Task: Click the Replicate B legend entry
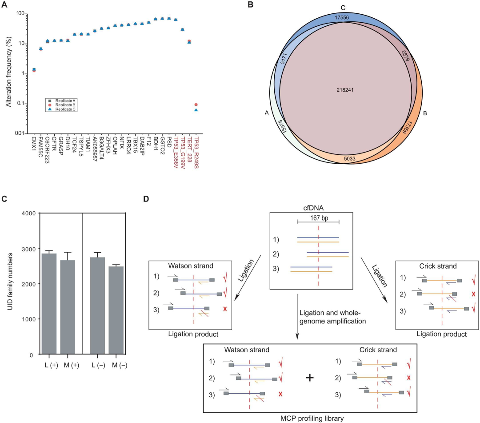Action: tap(62, 105)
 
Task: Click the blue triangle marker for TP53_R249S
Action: tap(196, 109)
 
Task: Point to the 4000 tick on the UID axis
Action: tap(28, 213)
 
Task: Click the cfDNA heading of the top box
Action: tap(317, 207)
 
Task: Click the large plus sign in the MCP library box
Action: tap(310, 378)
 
